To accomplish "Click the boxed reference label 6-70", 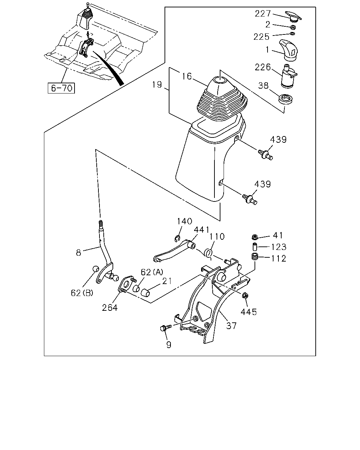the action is [61, 88].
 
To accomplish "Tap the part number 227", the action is [263, 14].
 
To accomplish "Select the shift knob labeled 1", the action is [289, 50].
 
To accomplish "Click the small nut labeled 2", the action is [293, 27].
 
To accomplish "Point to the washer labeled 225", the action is [292, 34].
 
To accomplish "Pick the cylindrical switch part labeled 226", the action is [288, 76].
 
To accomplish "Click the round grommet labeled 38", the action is [285, 99].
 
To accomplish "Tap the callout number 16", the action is [187, 76].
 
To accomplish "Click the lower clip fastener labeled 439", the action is [250, 199].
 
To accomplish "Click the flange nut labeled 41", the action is [255, 237].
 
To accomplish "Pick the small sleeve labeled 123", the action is [255, 247].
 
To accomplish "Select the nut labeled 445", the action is [245, 295].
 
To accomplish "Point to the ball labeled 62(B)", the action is [96, 269].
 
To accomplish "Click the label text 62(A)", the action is [152, 272].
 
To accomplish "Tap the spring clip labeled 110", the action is [208, 253].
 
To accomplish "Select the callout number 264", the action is [110, 308].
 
